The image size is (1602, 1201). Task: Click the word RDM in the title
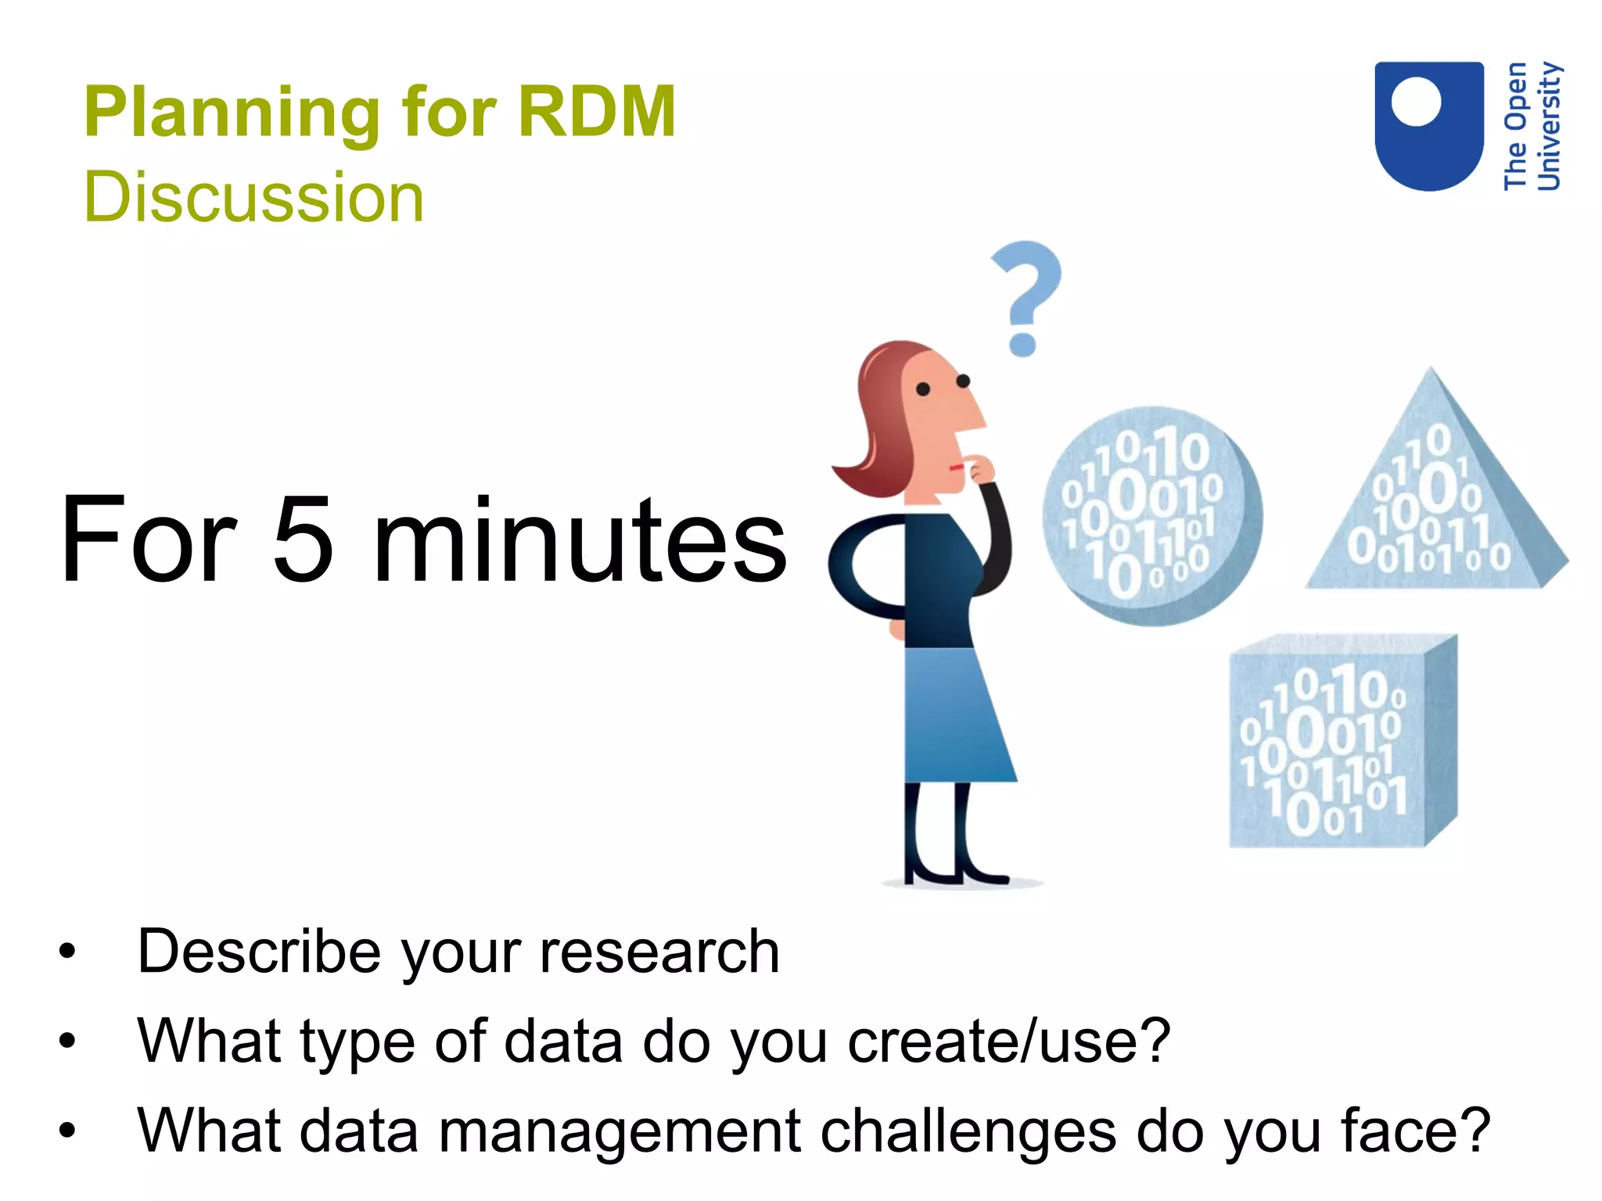point(596,112)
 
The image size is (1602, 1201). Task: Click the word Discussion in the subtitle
point(253,197)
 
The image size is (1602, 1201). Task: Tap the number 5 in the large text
point(303,540)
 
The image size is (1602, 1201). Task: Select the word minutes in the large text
point(580,540)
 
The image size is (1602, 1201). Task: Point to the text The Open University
point(1532,127)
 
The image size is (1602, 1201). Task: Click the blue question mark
point(1026,293)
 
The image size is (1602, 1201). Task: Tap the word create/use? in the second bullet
point(1009,1041)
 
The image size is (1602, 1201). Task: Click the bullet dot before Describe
point(68,952)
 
